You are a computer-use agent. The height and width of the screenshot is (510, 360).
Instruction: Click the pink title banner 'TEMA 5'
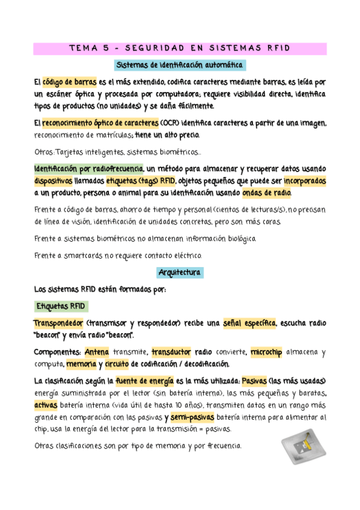tap(180, 49)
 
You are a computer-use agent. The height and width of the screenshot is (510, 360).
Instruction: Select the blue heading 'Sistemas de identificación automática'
tap(180, 64)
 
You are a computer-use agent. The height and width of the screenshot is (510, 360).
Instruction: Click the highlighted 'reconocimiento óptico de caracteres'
tap(96, 123)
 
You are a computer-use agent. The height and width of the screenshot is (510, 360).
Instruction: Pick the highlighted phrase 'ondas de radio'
tap(267, 193)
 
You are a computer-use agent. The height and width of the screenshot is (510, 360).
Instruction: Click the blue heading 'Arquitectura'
tap(180, 272)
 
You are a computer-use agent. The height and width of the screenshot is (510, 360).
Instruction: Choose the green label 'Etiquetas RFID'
tap(61, 306)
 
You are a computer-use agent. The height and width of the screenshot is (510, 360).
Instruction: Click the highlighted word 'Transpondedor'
tap(58, 324)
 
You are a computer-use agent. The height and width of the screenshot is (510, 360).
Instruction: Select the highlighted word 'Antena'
tap(97, 352)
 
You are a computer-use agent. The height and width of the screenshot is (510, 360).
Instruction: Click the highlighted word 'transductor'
tap(171, 352)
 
